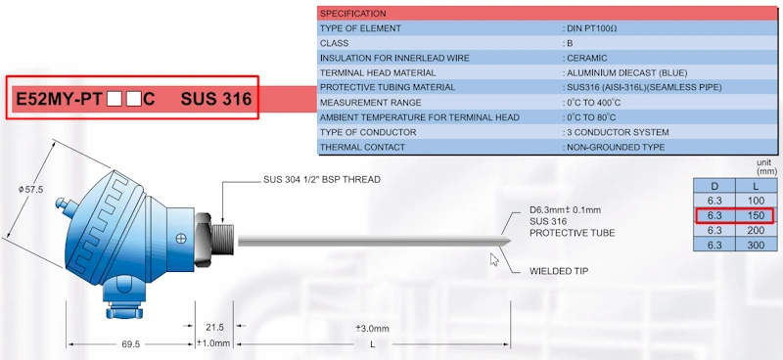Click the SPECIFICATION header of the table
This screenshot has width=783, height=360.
[x=353, y=14]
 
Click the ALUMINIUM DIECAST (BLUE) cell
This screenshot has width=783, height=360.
[x=627, y=72]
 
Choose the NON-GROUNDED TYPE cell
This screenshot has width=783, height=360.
[x=616, y=147]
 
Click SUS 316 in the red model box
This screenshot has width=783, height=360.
[x=215, y=99]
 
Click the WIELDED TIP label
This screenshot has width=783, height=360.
[x=562, y=270]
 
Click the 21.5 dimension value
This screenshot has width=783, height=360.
[x=215, y=327]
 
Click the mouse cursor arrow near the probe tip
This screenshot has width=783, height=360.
[x=494, y=259]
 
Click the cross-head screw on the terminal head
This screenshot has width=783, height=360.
[x=180, y=238]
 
